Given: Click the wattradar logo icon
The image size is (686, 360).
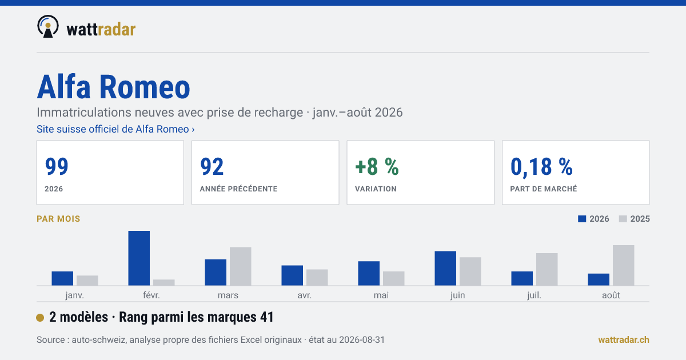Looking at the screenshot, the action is tap(48, 26).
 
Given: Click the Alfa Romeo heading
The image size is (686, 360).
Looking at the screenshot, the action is tap(113, 87).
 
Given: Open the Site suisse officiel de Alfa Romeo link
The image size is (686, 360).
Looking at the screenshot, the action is tap(115, 129).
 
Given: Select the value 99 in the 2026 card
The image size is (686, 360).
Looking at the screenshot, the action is tap(57, 166).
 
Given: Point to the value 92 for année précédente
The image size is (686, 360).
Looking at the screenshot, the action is tap(212, 166).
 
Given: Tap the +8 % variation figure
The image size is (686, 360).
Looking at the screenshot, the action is tap(377, 166).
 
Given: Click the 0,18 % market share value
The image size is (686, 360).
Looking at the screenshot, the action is tap(541, 167).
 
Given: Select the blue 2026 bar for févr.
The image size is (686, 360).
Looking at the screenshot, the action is tap(139, 258).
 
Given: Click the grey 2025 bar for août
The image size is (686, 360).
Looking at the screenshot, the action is tap(624, 265).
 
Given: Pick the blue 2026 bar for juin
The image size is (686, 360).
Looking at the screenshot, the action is tap(445, 268).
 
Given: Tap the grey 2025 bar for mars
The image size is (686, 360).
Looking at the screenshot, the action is tap(241, 266).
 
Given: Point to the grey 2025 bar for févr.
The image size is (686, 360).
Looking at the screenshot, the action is tap(164, 282).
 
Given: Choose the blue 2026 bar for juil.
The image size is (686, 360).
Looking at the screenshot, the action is tap(522, 278).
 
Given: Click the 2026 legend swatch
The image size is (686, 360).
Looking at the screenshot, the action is tap(582, 219).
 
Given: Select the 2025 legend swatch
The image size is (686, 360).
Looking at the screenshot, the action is tap(623, 219).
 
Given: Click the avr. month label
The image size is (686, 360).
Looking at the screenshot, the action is tap(304, 295).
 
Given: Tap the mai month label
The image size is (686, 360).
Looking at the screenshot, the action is tap(381, 295).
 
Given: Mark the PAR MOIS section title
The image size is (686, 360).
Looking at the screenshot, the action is tap(58, 219).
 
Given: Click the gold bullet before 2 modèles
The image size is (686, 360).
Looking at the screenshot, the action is tap(40, 318).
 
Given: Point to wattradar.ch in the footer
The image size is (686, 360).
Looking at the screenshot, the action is tap(624, 340).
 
